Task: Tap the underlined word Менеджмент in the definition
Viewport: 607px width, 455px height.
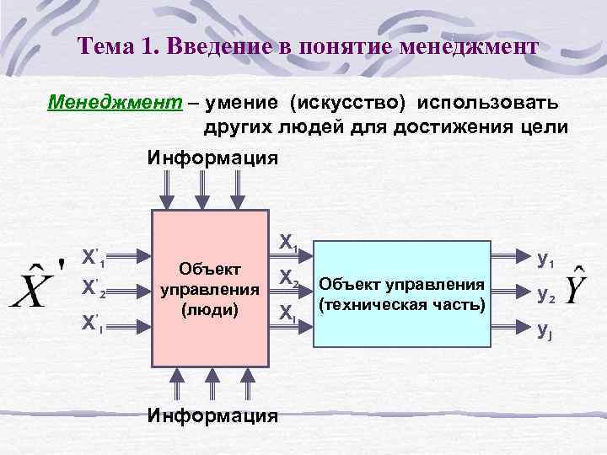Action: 114,103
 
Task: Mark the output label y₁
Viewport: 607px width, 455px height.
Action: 545,262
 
